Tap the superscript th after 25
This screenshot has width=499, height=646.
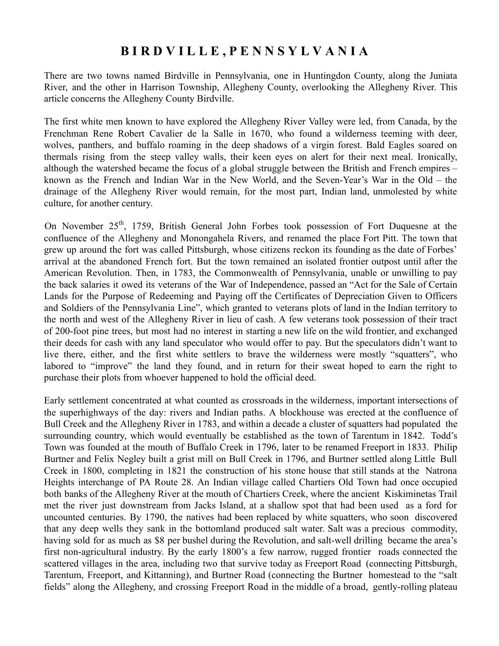[x=121, y=223]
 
